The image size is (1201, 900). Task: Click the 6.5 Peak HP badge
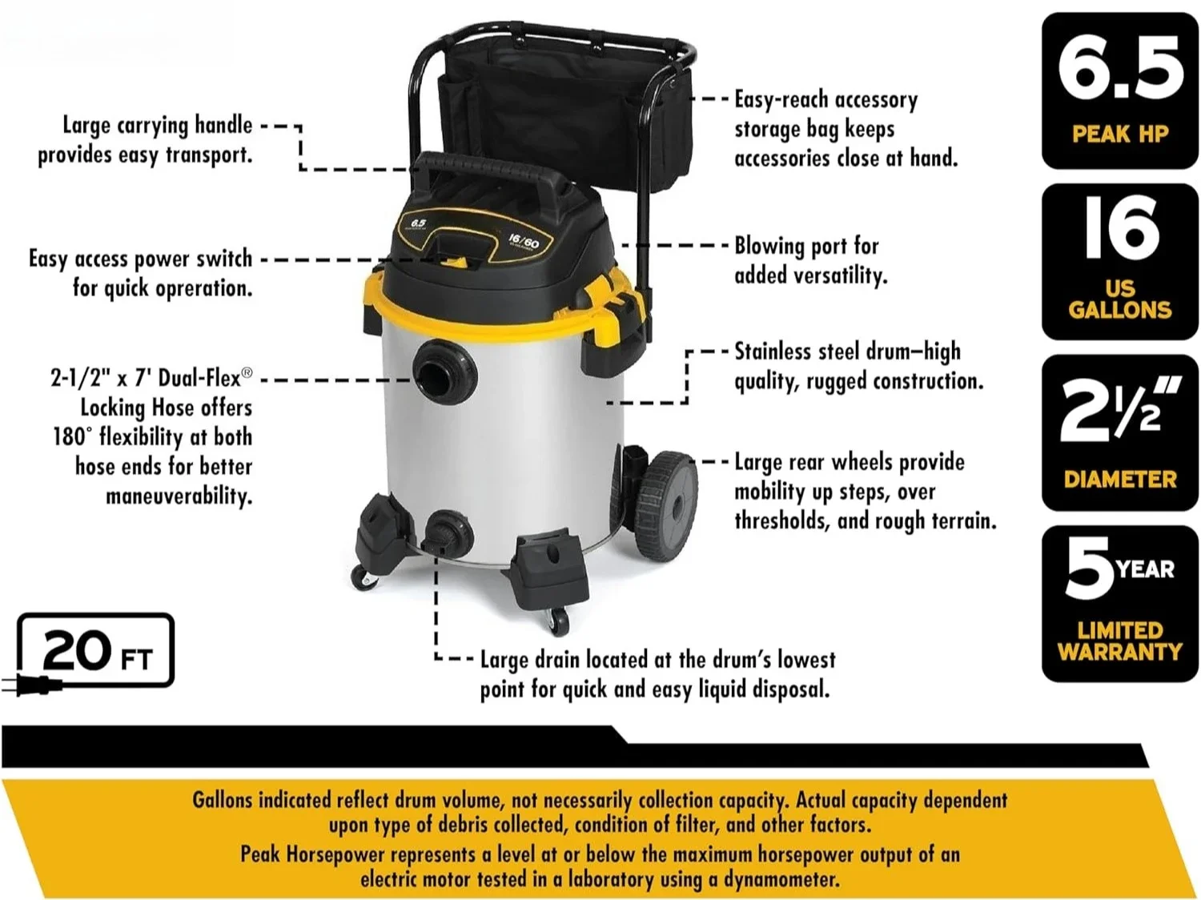pyautogui.click(x=1119, y=90)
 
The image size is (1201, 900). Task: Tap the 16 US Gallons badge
pyautogui.click(x=1119, y=261)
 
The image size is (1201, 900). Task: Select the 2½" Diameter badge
pyautogui.click(x=1119, y=432)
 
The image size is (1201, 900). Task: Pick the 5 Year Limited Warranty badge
pyautogui.click(x=1119, y=604)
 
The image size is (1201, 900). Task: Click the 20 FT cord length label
pyautogui.click(x=96, y=650)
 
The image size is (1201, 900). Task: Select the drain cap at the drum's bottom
pyautogui.click(x=440, y=533)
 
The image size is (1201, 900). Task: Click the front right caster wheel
pyautogui.click(x=557, y=620)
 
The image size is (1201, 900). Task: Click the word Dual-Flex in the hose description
pyautogui.click(x=199, y=377)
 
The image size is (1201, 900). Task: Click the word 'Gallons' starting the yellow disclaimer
pyautogui.click(x=222, y=800)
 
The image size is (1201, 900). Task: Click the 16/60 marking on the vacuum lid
pyautogui.click(x=524, y=240)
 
